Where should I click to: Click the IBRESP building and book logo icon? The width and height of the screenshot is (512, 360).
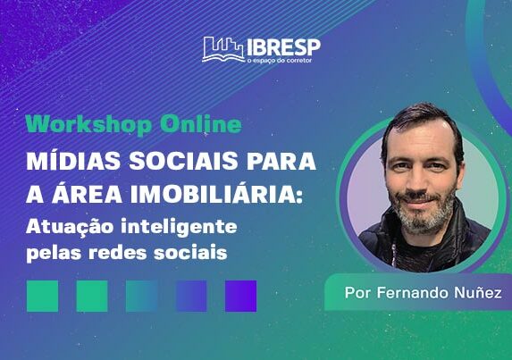click(223, 49)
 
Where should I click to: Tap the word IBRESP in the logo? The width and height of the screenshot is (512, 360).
click(283, 47)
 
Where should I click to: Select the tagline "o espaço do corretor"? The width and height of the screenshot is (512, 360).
click(280, 61)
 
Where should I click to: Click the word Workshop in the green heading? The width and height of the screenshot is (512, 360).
click(88, 125)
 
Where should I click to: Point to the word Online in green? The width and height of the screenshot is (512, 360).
click(201, 124)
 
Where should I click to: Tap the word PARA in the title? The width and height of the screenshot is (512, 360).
click(280, 161)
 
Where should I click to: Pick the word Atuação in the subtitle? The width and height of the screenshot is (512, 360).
click(70, 227)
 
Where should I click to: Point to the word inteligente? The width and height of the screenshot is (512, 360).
click(179, 228)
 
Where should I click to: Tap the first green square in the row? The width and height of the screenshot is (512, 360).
click(43, 296)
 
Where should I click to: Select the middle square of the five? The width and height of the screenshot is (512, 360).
click(142, 296)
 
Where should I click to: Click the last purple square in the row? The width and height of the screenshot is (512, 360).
click(241, 296)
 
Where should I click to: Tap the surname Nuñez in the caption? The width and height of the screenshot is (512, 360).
click(478, 292)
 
